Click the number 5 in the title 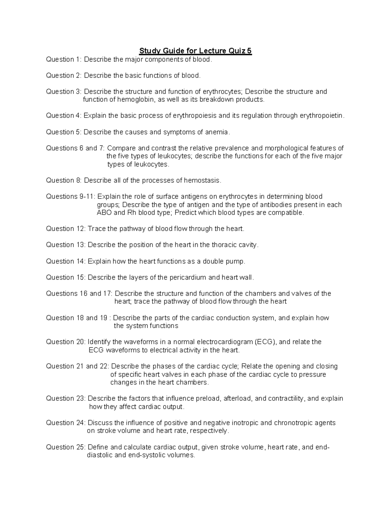point(249,51)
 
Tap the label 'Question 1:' point(65,59)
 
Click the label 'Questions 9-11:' point(71,196)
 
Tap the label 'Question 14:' point(66,261)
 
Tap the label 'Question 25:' point(66,447)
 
